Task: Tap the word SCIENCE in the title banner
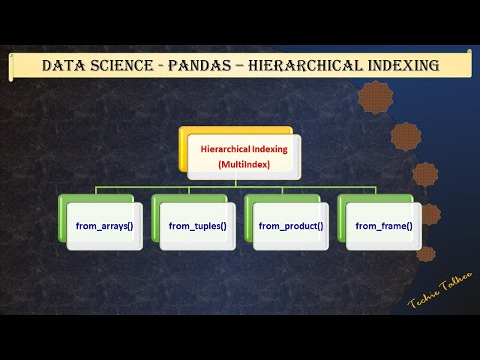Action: (119, 65)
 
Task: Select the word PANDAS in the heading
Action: (196, 65)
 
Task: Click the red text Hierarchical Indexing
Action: (244, 148)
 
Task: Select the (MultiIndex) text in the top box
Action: (244, 163)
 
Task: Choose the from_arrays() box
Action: (104, 226)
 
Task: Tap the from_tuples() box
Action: (197, 226)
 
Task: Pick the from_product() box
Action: (290, 226)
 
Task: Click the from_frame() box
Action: (383, 226)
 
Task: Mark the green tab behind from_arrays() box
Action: (62, 217)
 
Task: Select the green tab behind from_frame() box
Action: (341, 217)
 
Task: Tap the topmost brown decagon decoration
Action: (375, 97)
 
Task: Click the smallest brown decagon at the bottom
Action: (425, 253)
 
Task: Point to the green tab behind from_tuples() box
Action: (155, 217)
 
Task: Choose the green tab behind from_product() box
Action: (248, 217)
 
